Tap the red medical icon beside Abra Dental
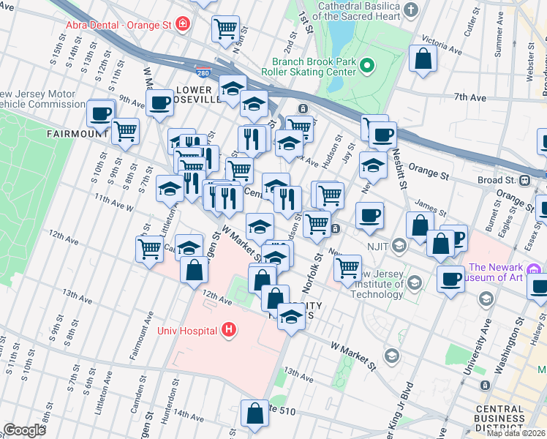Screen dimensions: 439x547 point(183,24)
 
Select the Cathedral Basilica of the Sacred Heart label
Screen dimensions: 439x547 point(361,10)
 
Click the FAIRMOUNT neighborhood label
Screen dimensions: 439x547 point(78,134)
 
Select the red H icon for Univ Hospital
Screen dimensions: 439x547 point(229,331)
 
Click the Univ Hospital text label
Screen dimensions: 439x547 point(186,331)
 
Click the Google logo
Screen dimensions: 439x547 point(25,429)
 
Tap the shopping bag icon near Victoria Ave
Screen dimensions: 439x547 point(423,59)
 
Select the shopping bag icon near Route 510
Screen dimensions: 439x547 point(254,413)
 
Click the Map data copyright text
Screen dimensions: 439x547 point(516,433)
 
